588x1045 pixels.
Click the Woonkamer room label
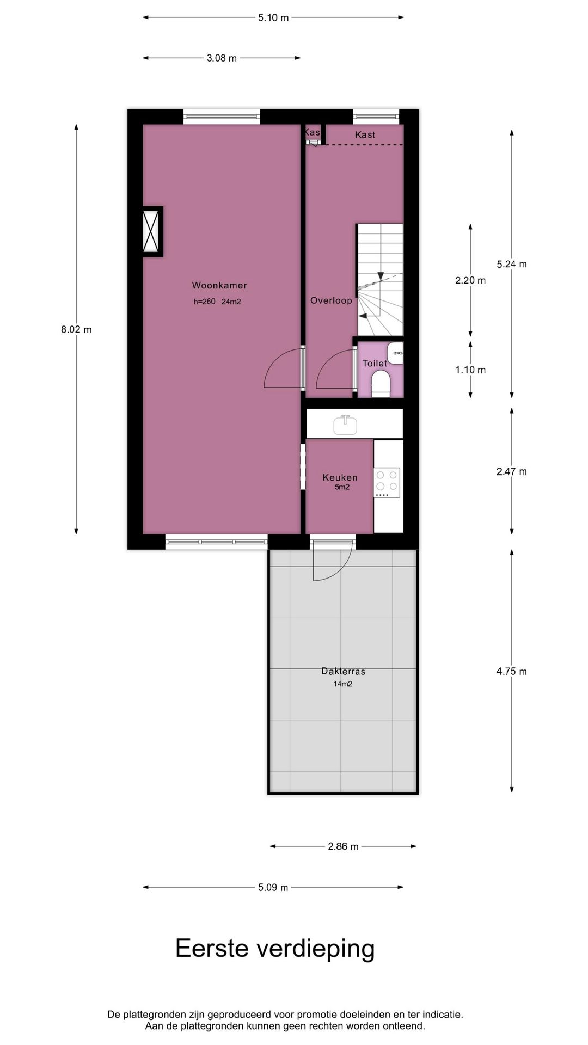pos(219,285)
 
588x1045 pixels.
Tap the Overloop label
pos(331,300)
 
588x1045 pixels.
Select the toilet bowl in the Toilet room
pos(381,383)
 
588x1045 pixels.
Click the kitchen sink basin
pos(345,425)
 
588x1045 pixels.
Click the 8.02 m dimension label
pos(76,329)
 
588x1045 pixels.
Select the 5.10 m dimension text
pos(273,17)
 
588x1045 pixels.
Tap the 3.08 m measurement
pos(222,58)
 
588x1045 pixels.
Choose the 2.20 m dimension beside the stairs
pos(470,280)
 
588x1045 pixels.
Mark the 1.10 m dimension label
pos(470,370)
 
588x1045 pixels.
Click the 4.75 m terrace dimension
pos(511,671)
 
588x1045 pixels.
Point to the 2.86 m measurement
pos(343,846)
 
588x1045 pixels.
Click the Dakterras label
pos(343,671)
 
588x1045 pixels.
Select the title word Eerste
pos(212,949)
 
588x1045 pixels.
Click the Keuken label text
pos(340,477)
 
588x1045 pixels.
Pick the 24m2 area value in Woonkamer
pos(231,302)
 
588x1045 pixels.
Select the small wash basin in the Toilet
pos(396,353)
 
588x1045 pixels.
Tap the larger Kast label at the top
pos(365,135)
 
